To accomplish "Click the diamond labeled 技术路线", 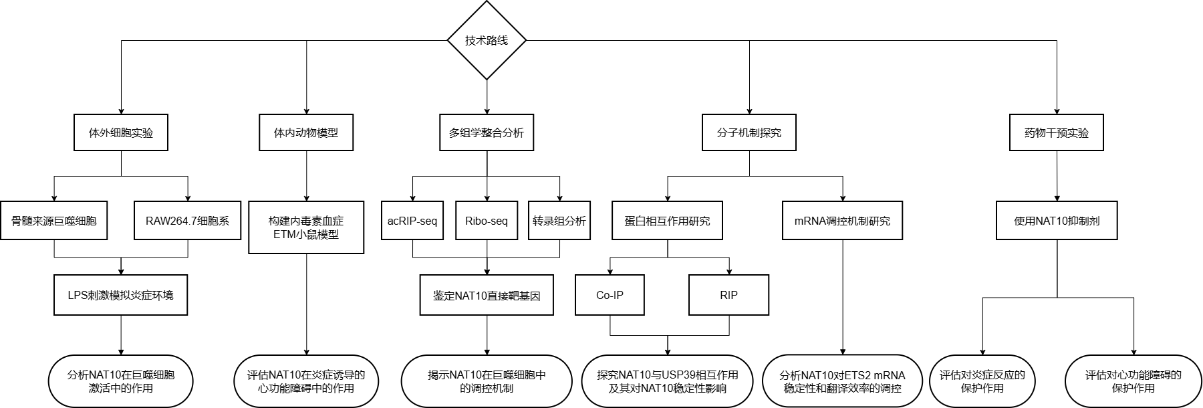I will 487,40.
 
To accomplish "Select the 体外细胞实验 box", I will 121,132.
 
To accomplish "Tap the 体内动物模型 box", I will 306,132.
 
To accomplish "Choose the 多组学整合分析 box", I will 487,132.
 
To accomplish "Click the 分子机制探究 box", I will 749,132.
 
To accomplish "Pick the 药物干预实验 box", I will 1057,132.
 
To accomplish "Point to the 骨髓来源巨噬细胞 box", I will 54,220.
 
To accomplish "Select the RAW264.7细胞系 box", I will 188,220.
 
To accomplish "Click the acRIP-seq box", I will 412,220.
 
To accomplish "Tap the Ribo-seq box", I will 487,220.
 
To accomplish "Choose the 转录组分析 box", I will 559,220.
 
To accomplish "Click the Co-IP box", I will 610,295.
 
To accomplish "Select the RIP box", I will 728,295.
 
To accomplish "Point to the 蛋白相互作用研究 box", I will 668,220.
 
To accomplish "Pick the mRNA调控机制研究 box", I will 843,220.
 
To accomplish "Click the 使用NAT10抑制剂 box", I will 1057,220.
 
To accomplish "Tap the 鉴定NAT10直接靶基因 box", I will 487,295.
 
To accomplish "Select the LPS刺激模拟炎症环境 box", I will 121,295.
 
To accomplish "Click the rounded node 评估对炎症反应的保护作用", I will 982,381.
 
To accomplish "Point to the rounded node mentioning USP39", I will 668,381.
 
